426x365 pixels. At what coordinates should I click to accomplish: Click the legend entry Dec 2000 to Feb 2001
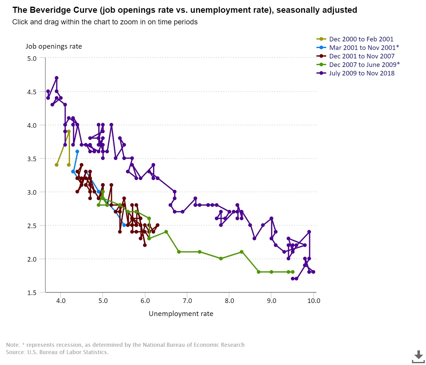click(x=361, y=39)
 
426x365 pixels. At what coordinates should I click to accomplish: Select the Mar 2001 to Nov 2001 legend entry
click(x=364, y=48)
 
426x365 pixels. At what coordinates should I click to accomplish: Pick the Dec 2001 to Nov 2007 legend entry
click(x=361, y=56)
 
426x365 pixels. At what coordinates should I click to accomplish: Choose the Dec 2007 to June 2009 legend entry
click(x=364, y=65)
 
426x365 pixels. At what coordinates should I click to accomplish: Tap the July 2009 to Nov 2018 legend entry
click(x=361, y=73)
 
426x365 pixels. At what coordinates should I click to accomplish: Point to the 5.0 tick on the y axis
click(x=32, y=58)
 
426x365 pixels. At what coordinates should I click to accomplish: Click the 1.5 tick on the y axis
click(x=32, y=293)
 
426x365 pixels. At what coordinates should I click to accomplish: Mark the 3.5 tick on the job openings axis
click(x=32, y=159)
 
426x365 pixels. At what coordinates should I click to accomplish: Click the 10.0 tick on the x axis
click(x=314, y=301)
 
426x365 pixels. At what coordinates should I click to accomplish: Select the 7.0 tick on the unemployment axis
click(x=187, y=301)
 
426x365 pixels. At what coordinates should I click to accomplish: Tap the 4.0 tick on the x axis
click(x=61, y=301)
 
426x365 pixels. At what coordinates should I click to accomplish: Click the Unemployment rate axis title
click(x=181, y=314)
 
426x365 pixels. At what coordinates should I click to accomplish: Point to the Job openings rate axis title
click(x=54, y=47)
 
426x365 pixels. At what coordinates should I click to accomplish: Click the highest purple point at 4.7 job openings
click(x=57, y=78)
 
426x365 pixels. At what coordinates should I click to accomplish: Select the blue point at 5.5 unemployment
click(x=124, y=225)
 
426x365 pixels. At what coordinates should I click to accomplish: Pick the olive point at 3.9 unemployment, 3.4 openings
click(x=57, y=165)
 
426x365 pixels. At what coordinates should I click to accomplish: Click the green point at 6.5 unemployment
click(x=166, y=232)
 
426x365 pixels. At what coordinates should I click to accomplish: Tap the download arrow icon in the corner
click(x=419, y=356)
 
